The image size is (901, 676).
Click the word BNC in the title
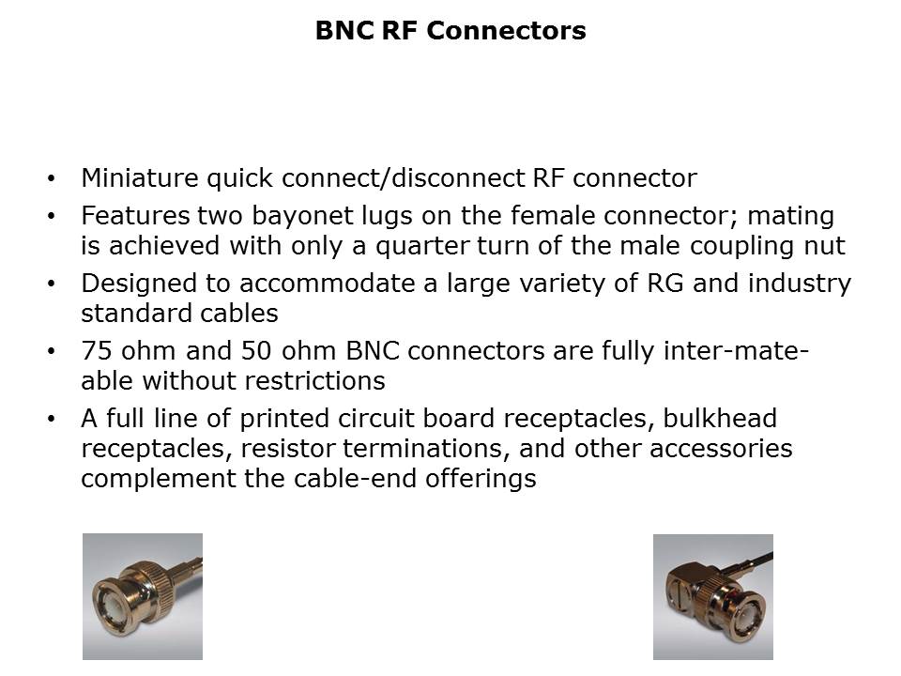point(344,30)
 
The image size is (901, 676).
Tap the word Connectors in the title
point(506,30)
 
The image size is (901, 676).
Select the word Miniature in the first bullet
point(140,178)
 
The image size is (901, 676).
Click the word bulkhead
point(720,419)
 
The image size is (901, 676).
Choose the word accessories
point(721,449)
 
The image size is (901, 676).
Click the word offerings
point(481,479)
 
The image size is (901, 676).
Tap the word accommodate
point(327,284)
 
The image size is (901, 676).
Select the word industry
point(800,284)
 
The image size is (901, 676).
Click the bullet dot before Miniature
point(52,178)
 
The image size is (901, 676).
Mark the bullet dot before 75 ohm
point(52,351)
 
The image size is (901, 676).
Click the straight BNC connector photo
point(143,597)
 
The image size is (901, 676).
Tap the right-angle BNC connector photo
point(713,597)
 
